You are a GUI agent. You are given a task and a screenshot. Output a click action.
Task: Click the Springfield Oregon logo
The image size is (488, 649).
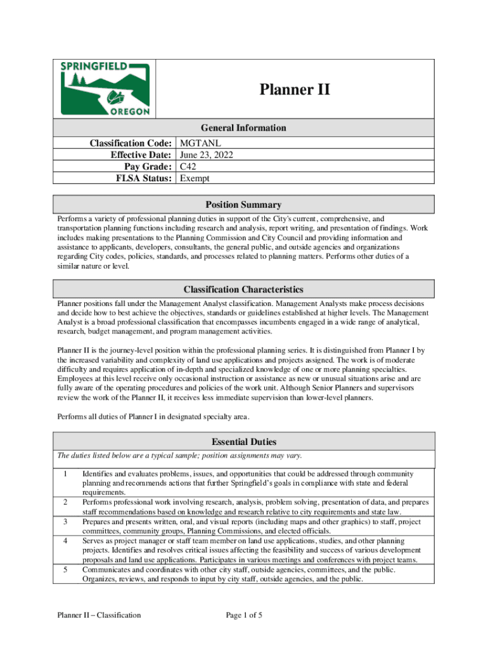105,89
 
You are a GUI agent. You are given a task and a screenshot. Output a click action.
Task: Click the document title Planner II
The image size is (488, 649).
294,89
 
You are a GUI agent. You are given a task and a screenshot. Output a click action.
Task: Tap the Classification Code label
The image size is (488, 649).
130,144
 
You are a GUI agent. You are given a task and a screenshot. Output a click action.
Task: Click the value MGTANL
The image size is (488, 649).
200,144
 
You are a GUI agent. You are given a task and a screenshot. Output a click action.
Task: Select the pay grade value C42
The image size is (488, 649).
188,167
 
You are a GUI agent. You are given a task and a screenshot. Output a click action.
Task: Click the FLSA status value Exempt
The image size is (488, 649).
195,178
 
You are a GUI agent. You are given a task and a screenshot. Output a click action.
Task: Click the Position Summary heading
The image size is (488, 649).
243,205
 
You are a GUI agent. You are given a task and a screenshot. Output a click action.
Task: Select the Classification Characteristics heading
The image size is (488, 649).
243,289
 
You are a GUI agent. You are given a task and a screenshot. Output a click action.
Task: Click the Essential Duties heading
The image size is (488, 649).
243,442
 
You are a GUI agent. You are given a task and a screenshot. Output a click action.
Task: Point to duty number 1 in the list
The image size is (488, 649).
65,473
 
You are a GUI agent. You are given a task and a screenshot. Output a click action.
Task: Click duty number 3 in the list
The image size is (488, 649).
65,521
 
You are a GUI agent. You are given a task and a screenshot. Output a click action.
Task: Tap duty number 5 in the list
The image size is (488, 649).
65,569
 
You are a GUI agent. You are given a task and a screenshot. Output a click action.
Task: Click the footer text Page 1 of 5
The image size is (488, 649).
244,615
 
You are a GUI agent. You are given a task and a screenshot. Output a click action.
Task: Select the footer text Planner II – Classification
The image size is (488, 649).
98,615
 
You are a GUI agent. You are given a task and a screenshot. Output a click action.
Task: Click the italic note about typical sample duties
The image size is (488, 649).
179,456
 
